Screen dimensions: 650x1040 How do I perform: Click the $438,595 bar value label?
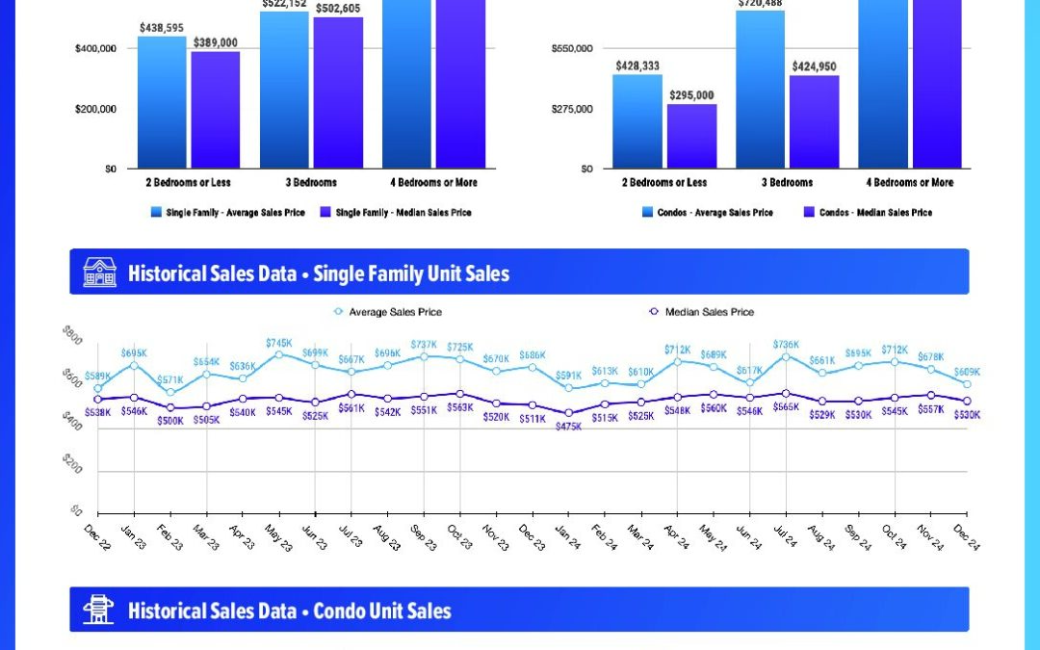pos(161,29)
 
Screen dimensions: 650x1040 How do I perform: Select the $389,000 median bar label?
pos(215,43)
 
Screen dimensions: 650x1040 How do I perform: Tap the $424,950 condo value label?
pos(814,66)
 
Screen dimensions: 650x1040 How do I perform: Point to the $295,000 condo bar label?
pos(691,95)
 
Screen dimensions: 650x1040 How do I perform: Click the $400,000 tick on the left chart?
pos(95,48)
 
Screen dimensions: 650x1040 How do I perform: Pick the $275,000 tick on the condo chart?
pos(572,109)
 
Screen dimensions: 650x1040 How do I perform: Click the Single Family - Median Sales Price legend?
pos(396,212)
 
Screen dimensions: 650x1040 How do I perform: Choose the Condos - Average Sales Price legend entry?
pos(707,212)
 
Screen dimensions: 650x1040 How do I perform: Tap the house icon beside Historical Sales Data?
pos(99,272)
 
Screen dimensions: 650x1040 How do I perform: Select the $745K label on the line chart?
pos(278,344)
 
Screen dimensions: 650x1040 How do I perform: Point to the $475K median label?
pos(569,426)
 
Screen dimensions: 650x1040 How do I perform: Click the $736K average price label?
pos(786,345)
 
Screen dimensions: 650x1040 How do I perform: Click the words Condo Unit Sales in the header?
pos(381,611)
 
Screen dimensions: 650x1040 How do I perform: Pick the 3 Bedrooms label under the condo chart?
pos(787,182)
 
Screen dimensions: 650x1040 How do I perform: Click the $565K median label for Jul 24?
pos(787,407)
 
